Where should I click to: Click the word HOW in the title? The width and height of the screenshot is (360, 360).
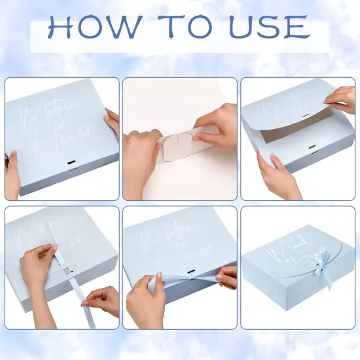(92, 27)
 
